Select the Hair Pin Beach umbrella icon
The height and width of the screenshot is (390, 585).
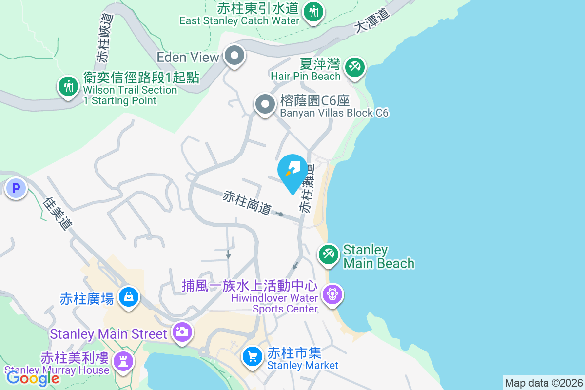coord(354,67)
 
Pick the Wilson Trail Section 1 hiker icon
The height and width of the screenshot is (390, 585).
coord(68,86)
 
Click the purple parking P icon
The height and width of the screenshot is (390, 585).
coord(16,187)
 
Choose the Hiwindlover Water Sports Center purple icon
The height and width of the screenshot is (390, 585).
coord(332,294)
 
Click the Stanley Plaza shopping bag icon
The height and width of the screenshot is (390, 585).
coord(129,297)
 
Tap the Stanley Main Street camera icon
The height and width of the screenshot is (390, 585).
coord(182,333)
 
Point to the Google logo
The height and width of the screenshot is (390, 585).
coord(33,377)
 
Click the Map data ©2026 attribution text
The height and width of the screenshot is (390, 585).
coord(544,383)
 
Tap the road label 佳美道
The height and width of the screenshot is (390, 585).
coord(58,213)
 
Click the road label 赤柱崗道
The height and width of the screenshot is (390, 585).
coord(247,202)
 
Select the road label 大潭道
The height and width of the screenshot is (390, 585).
coord(373,22)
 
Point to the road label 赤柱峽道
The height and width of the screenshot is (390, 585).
coord(104,38)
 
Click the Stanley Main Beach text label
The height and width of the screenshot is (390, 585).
coord(379,256)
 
